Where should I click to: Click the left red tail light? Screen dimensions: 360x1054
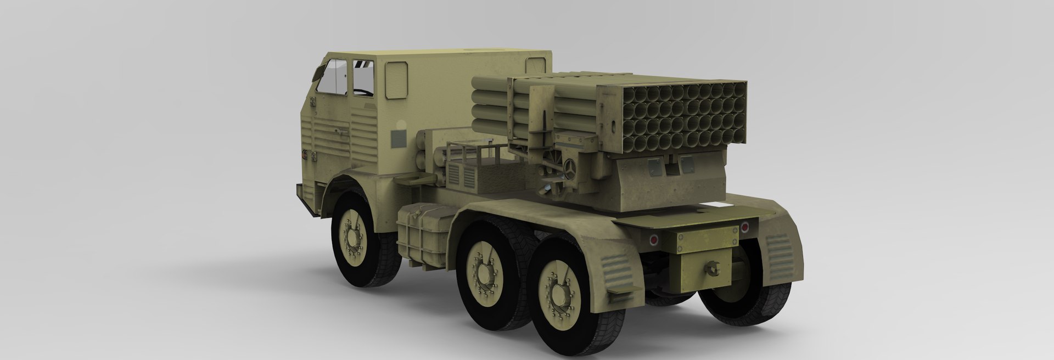[x=653, y=239]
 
